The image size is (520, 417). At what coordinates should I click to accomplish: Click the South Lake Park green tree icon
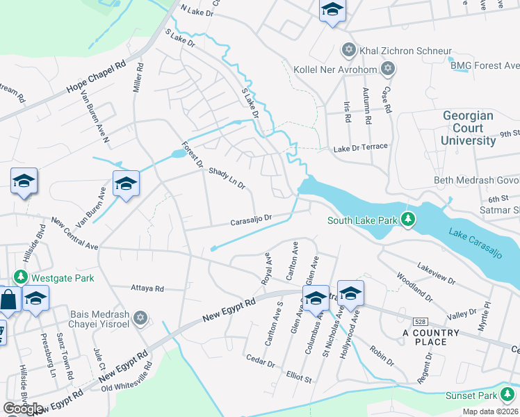tap(409, 220)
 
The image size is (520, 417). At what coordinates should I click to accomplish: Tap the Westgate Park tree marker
tap(22, 277)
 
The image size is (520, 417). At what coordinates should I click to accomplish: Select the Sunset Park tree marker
tap(509, 395)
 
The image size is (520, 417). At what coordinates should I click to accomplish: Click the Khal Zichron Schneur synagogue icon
tap(348, 51)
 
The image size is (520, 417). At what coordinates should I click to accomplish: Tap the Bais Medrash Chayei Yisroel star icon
tap(141, 318)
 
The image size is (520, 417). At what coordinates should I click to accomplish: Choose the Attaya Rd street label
tap(147, 288)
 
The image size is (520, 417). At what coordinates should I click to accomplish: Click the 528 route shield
tap(416, 322)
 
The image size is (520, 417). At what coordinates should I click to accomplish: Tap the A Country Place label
tap(430, 337)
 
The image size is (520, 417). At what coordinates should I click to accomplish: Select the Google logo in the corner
tap(23, 409)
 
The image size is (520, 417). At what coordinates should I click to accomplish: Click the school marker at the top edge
tap(332, 11)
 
